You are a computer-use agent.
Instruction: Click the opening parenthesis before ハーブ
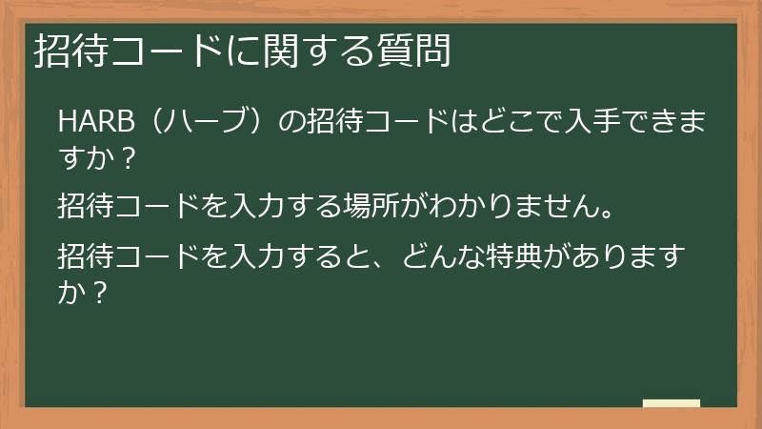(x=142, y=123)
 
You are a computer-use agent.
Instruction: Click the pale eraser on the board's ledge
(x=671, y=403)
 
